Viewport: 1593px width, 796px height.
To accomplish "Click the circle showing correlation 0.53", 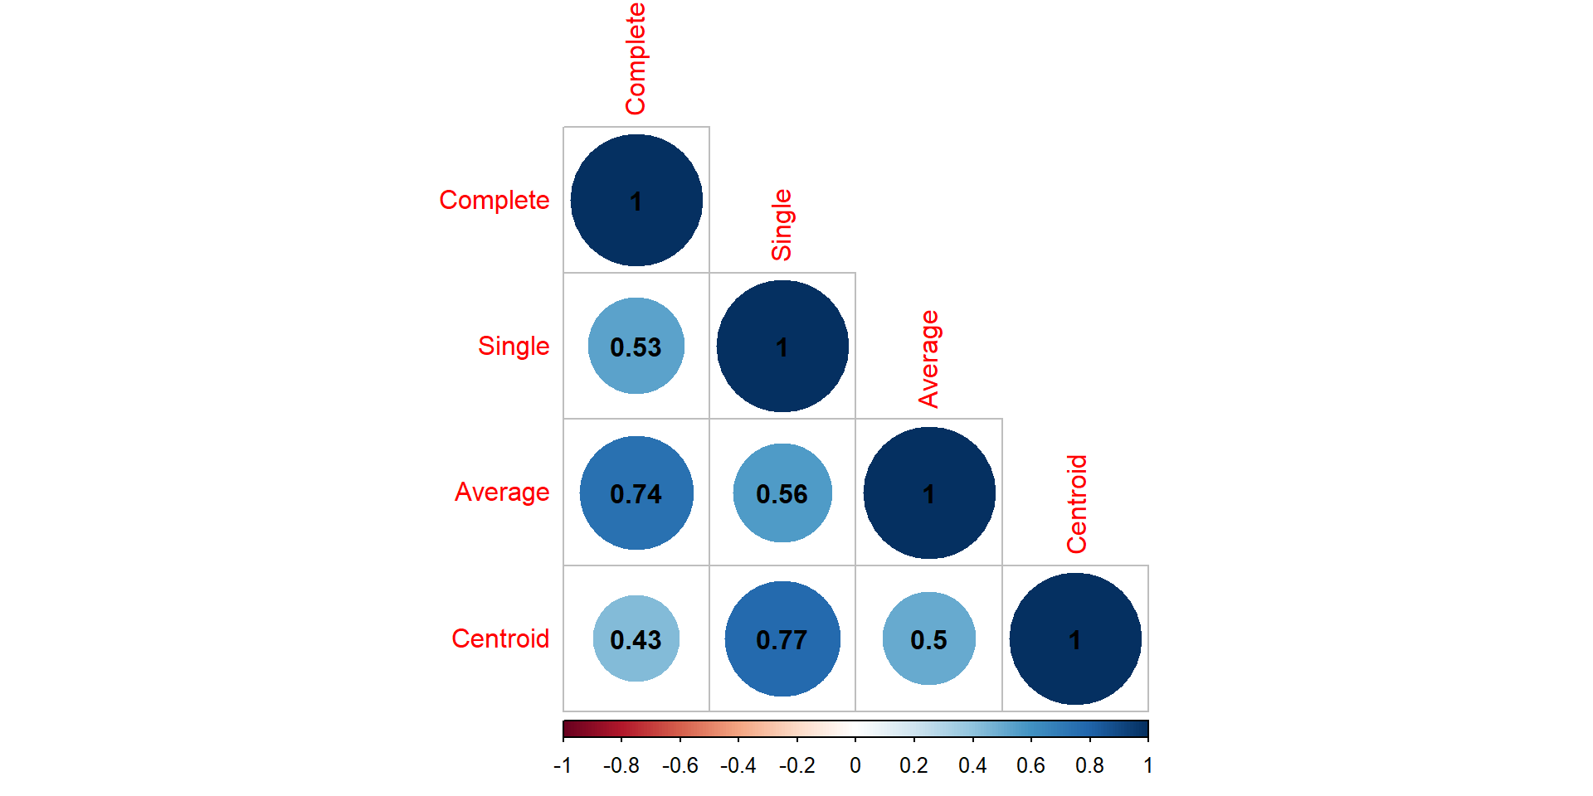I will tap(636, 346).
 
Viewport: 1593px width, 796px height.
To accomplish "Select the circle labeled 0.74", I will tap(636, 493).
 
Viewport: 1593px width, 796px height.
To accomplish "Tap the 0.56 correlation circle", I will tap(782, 493).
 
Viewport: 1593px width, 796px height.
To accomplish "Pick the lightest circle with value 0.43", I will tap(636, 638).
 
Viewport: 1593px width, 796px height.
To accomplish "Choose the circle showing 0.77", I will tap(782, 638).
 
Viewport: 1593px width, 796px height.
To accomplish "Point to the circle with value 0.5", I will tap(929, 638).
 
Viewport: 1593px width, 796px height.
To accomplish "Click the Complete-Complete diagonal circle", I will tap(636, 200).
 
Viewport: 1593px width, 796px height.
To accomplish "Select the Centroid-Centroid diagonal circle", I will tap(1075, 638).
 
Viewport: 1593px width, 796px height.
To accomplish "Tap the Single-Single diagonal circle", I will tap(782, 346).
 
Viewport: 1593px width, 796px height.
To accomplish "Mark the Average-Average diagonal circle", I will tap(929, 493).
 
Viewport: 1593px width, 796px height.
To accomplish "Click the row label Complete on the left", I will tap(494, 200).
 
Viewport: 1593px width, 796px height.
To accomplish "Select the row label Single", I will tap(514, 346).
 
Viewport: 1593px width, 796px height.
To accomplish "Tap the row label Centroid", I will tap(500, 638).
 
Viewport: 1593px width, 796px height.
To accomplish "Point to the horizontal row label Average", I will tap(502, 493).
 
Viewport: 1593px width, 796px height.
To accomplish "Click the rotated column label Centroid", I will tap(1076, 504).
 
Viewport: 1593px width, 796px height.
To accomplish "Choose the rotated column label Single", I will tap(782, 225).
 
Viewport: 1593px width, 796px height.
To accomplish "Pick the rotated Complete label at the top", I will tap(636, 58).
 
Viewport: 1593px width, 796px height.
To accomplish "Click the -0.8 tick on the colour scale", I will tap(621, 765).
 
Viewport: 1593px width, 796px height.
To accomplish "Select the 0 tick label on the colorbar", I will tap(855, 765).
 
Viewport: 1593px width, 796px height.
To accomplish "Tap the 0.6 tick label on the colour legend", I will tap(1030, 765).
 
